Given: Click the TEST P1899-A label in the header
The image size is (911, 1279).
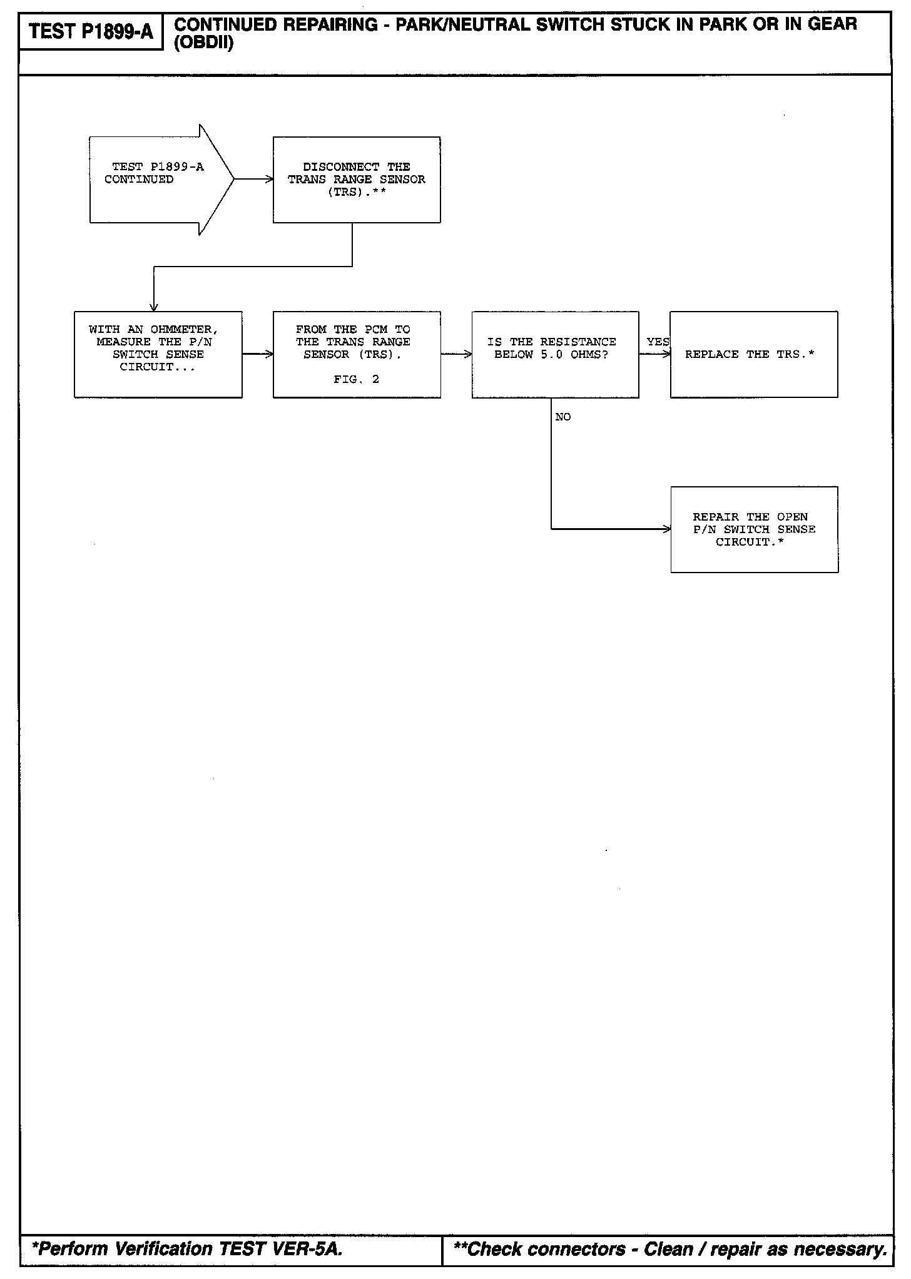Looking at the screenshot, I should tap(91, 32).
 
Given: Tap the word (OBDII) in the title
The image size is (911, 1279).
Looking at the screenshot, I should tap(203, 44).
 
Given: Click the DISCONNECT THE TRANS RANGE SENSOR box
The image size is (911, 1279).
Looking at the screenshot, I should tap(357, 180).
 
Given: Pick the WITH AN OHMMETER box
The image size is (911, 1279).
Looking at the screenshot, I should tap(158, 354).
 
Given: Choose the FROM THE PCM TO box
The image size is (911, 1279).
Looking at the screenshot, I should tap(357, 354).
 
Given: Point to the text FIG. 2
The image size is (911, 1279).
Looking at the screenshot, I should tap(356, 379).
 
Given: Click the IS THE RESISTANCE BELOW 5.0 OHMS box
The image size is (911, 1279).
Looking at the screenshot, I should tap(555, 354).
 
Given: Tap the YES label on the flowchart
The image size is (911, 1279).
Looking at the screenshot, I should tap(658, 342).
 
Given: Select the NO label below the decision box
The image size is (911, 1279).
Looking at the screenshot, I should tap(563, 417).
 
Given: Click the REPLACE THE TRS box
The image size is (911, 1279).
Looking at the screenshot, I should tap(753, 354).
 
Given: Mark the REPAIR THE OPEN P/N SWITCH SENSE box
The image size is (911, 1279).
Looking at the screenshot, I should tap(754, 529).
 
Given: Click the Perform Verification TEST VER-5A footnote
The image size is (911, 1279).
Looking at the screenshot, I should tap(187, 1250).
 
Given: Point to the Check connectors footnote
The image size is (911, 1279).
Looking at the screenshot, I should tap(670, 1250).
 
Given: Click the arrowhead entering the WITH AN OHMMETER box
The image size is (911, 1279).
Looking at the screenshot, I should tap(154, 307).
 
